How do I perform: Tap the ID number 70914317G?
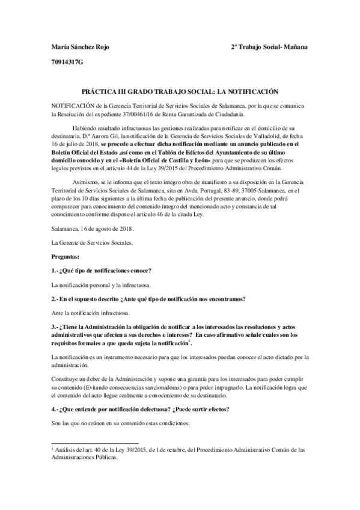click(67, 62)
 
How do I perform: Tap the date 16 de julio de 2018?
click(79, 146)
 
